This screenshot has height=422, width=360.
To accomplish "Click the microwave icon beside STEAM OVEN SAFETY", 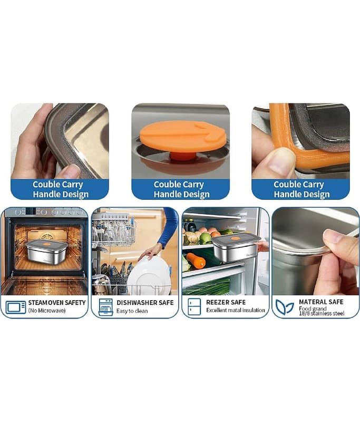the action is coord(16,308).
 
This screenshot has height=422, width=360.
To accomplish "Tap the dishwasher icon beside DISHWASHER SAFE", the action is coord(105,307).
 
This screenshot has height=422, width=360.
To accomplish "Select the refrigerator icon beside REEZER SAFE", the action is coord(194,307).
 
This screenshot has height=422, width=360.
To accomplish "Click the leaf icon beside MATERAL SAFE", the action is coord(285,307).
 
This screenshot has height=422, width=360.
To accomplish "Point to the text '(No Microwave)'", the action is coord(47,311).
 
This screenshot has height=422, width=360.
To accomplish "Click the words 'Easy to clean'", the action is coord(132,311).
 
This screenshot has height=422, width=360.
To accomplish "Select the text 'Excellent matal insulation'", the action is coord(236,310).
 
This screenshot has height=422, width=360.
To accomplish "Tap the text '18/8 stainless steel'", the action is coord(322,313).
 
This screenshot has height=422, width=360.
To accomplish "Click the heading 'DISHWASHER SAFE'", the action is coord(145,303).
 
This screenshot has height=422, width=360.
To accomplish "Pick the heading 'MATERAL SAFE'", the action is coord(321,302).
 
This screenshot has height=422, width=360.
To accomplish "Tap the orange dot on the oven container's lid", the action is coord(47,244).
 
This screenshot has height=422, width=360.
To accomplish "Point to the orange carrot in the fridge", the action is coord(196,261).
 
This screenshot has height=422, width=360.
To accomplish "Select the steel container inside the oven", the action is coord(46,251).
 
